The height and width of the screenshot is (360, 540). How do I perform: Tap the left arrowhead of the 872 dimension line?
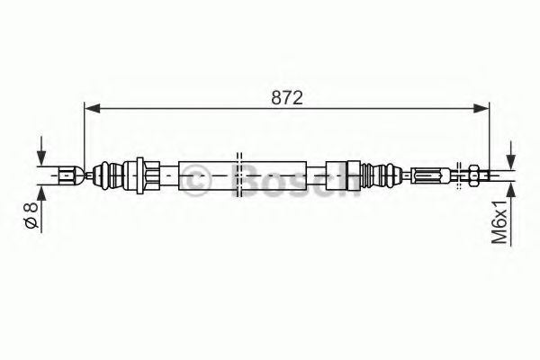pos(90,108)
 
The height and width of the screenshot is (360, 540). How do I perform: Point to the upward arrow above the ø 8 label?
pos(40,191)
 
